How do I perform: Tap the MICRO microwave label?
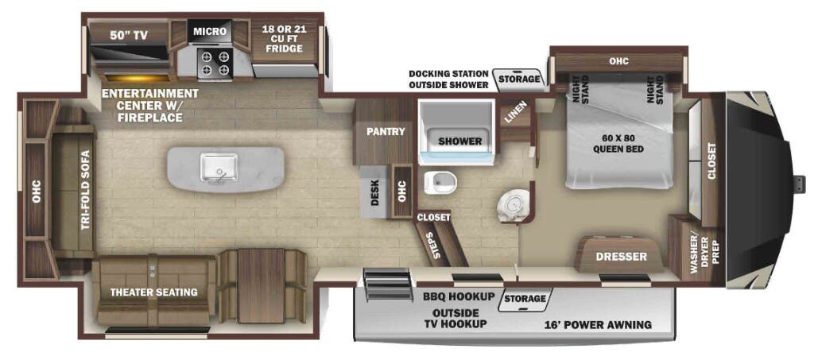pyautogui.click(x=210, y=32)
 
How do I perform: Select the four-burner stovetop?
pyautogui.click(x=214, y=63)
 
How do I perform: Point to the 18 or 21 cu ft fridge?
pyautogui.click(x=283, y=38)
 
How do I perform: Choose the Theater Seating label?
pyautogui.click(x=153, y=292)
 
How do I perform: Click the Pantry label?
pyautogui.click(x=386, y=131)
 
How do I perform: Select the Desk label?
pyautogui.click(x=374, y=193)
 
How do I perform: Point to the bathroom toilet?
pyautogui.click(x=438, y=183)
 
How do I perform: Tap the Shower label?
pyautogui.click(x=460, y=141)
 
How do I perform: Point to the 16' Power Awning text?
pyautogui.click(x=598, y=324)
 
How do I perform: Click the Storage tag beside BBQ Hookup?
pyautogui.click(x=525, y=299)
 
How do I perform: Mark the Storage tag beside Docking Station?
pyautogui.click(x=519, y=79)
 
